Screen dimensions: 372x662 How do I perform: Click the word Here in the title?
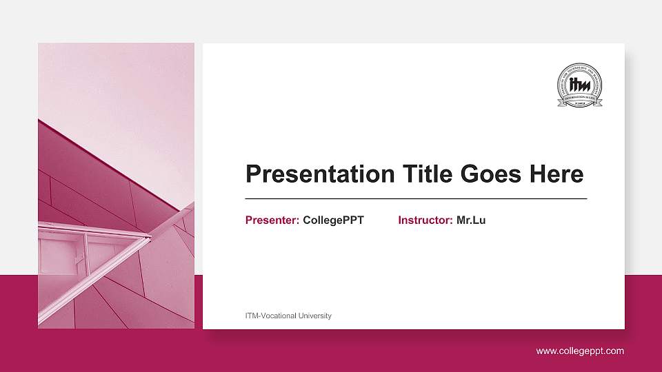(556, 174)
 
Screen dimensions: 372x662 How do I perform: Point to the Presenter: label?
(272, 220)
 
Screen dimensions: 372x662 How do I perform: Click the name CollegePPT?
(333, 220)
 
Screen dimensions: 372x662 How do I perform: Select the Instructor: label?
(425, 220)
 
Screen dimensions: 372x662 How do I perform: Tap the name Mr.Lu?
(471, 220)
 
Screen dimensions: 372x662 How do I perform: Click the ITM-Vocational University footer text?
(288, 316)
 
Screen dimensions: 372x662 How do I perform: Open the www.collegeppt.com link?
(580, 351)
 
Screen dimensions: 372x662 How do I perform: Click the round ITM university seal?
(579, 85)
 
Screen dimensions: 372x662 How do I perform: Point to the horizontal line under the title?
(416, 198)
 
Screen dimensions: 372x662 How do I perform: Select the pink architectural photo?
(116, 186)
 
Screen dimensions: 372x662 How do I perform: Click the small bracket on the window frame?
(79, 258)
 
